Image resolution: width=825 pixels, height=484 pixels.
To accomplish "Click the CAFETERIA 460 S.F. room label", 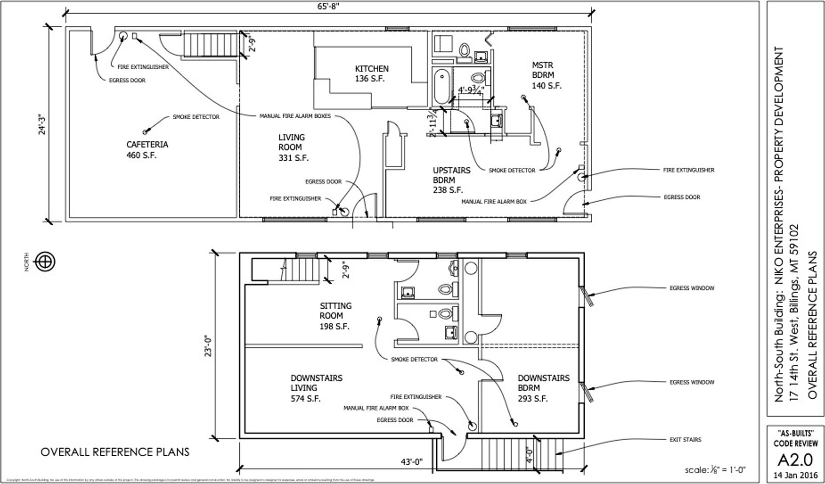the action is pos(147,150).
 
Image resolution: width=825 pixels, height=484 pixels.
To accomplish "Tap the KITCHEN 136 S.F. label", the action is pos(372,74).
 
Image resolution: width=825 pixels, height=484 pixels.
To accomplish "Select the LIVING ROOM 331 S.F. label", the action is pos(293,148).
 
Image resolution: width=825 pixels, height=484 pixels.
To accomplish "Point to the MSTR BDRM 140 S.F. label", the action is pos(546,75).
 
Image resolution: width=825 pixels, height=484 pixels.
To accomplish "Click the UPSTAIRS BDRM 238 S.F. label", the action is pos(451,180).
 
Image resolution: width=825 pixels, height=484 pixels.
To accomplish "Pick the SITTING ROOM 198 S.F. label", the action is pos(335,316).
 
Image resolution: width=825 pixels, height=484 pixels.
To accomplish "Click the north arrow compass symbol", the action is pos(45,262).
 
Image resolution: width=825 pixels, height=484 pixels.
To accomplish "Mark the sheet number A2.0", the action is pos(795,460).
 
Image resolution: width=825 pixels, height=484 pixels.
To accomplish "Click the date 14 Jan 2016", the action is pos(795,475).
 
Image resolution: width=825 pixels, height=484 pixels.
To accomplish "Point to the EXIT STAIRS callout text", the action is pos(685,440).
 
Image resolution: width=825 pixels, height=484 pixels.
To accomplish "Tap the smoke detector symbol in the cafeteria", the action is pos(145,132).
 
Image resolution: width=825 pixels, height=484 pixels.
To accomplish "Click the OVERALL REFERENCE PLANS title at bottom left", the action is pos(115,452).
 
